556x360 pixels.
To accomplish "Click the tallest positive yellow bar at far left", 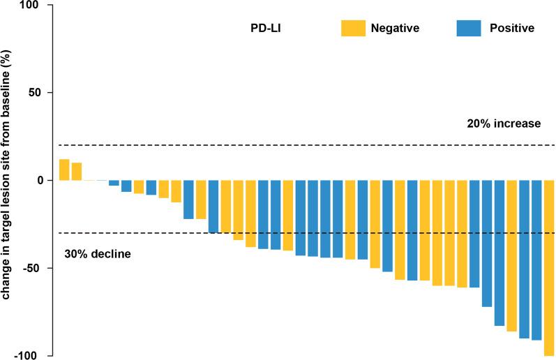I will pos(64,170).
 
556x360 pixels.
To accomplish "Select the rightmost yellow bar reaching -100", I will pos(549,268).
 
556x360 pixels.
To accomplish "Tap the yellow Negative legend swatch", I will pos(352,28).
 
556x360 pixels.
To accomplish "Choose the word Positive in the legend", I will pos(511,28).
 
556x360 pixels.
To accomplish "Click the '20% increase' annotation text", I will pos(504,124).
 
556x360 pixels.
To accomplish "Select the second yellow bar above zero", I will pos(77,172).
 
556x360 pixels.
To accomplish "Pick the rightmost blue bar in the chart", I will pos(536,260).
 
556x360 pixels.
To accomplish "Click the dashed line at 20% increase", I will pos(279,145).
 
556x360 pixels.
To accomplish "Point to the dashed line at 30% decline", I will pos(140,233).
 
